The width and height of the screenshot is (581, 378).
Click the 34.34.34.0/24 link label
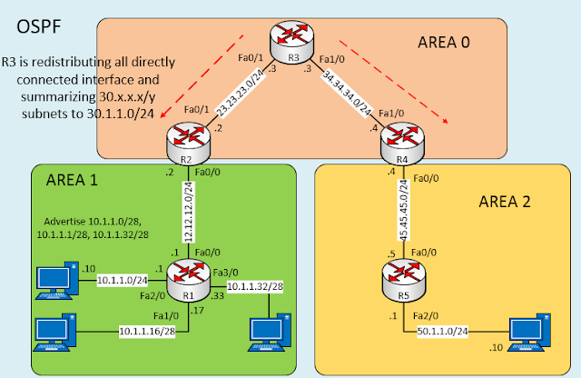tap(348, 94)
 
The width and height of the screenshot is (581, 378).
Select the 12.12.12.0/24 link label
tap(187, 210)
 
